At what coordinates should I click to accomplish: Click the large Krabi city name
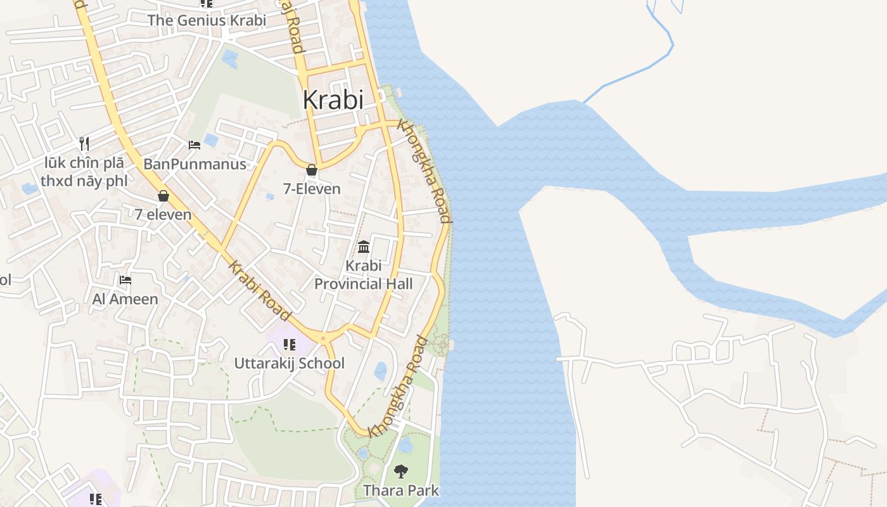pyautogui.click(x=333, y=99)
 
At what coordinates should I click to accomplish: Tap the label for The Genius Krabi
pyautogui.click(x=207, y=20)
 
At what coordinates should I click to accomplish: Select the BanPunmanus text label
pyautogui.click(x=195, y=164)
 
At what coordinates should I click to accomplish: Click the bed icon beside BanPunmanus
pyautogui.click(x=195, y=145)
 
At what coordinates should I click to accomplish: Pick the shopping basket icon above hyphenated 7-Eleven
pyautogui.click(x=311, y=170)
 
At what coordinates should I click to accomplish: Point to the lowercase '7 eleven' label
pyautogui.click(x=163, y=214)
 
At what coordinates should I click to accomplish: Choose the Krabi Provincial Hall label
pyautogui.click(x=364, y=274)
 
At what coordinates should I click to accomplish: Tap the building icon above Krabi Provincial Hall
pyautogui.click(x=364, y=246)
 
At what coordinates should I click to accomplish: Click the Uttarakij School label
pyautogui.click(x=290, y=363)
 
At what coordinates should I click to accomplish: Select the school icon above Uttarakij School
pyautogui.click(x=290, y=345)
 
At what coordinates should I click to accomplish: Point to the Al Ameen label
pyautogui.click(x=125, y=298)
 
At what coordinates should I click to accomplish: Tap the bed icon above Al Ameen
pyautogui.click(x=125, y=279)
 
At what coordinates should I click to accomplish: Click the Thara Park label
pyautogui.click(x=400, y=491)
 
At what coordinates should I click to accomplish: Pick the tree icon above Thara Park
pyautogui.click(x=400, y=471)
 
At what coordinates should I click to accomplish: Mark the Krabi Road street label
pyautogui.click(x=260, y=291)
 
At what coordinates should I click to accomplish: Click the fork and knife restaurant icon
pyautogui.click(x=84, y=144)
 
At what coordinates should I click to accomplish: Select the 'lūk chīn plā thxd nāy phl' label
pyautogui.click(x=84, y=172)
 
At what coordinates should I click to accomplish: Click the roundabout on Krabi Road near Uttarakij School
pyautogui.click(x=323, y=338)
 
